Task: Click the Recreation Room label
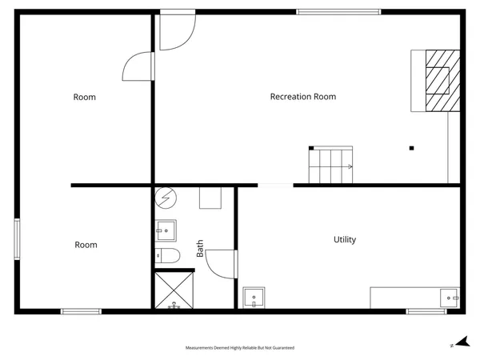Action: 302,97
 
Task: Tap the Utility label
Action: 345,239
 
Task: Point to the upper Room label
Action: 85,97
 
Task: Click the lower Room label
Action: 86,245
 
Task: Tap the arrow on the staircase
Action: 349,166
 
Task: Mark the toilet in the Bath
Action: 169,256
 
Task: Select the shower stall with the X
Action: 174,290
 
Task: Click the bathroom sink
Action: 166,230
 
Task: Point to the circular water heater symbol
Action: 165,198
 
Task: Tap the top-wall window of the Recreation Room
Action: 338,12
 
